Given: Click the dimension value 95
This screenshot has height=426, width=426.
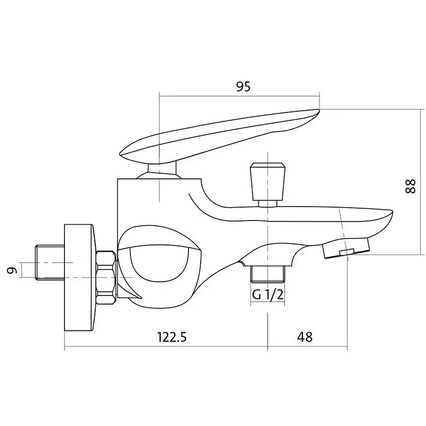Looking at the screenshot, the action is coord(243,87).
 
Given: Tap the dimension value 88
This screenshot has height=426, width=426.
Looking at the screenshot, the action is coord(410,186).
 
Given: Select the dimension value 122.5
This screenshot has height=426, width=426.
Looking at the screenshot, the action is coord(172,337).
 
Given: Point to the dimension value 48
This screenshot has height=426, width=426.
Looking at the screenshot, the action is coord(305,337).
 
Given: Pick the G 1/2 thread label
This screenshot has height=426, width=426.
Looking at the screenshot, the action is coord(268,294).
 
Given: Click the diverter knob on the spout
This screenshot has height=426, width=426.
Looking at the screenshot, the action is coord(268,182).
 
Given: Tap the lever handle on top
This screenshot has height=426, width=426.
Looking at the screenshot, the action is coord(219,136).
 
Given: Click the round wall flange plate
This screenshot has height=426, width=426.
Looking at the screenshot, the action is coord(80,277).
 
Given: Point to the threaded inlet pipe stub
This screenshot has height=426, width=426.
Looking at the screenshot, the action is coord(50,262).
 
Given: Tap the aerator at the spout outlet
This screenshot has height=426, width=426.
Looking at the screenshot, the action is coord(346,247).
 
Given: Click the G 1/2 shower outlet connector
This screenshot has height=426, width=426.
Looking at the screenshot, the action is coord(268,274).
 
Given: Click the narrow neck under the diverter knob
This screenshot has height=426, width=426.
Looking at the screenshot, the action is coord(268,203).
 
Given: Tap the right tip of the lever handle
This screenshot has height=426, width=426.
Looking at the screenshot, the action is coord(319,110).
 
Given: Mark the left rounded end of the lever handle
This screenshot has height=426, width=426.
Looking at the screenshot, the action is coord(122,154).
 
